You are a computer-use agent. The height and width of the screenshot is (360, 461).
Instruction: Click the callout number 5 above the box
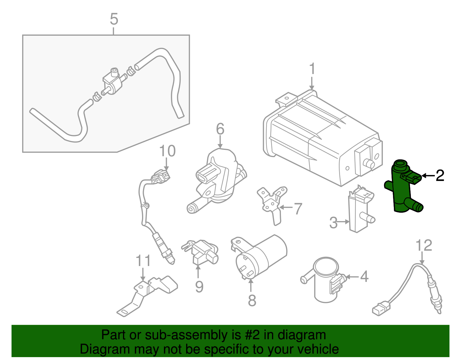click(x=114, y=19)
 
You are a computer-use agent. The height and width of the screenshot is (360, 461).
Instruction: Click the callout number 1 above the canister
click(x=312, y=69)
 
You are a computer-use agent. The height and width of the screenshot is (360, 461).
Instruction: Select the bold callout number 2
click(x=440, y=176)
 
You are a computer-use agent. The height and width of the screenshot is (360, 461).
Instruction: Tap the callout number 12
click(x=424, y=245)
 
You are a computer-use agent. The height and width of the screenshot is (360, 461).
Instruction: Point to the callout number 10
click(x=167, y=151)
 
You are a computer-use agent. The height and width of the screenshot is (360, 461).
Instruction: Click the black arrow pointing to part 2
click(x=428, y=176)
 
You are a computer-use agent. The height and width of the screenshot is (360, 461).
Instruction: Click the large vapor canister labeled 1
click(x=320, y=138)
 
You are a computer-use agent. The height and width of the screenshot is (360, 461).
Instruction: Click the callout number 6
click(x=220, y=129)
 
